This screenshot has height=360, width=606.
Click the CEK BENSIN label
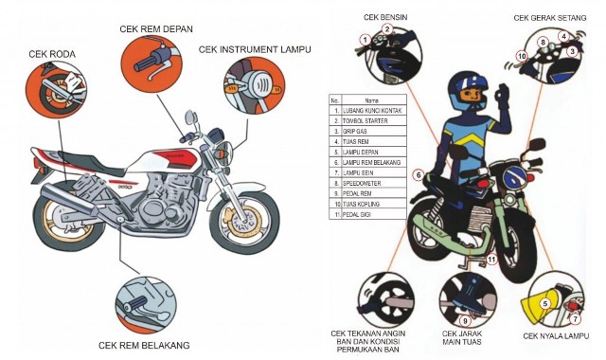(x=388, y=17)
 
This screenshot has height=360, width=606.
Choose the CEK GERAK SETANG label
(x=551, y=17)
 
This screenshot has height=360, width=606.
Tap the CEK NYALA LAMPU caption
(x=557, y=336)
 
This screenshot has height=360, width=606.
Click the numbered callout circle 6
(x=418, y=174)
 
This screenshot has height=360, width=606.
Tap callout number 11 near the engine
(x=490, y=258)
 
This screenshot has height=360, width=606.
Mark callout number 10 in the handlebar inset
(x=521, y=57)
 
